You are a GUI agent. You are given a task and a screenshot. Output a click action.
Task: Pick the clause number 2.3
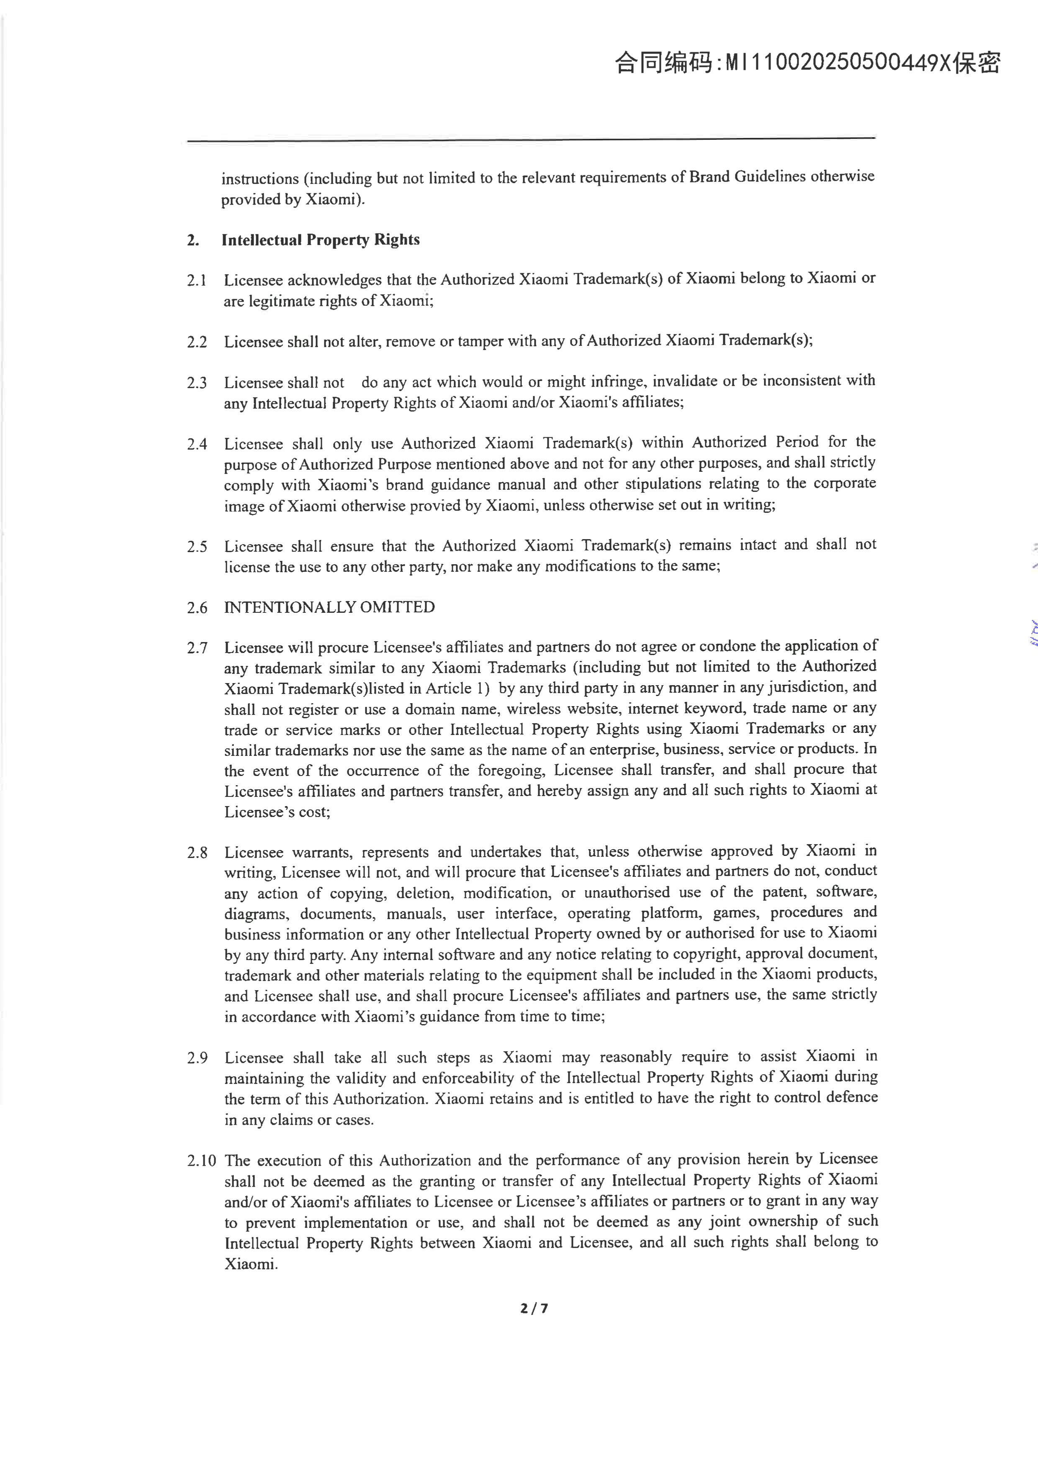click(x=197, y=383)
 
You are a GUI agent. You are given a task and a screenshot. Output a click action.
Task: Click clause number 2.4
click(x=197, y=444)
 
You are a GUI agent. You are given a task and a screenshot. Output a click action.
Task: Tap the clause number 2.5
click(x=197, y=547)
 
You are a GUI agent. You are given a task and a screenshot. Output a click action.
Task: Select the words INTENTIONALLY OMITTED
click(x=329, y=607)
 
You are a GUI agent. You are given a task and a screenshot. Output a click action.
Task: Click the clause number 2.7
click(x=197, y=648)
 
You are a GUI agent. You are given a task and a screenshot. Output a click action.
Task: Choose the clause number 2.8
click(x=197, y=853)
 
